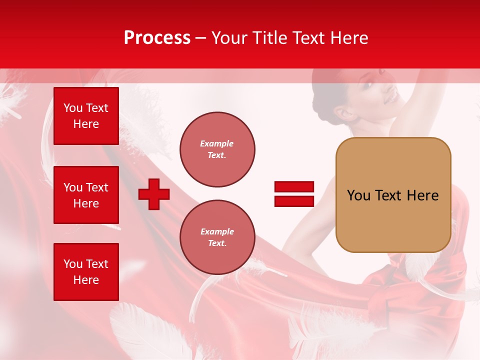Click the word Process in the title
[157, 38]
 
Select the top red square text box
[86, 116]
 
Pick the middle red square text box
[86, 195]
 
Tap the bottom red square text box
[86, 272]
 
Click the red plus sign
[154, 194]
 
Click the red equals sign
[294, 194]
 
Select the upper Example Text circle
[217, 149]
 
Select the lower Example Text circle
[217, 237]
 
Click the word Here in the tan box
[422, 195]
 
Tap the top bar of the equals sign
[294, 187]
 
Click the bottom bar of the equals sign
[294, 201]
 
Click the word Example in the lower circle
[217, 231]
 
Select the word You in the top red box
[72, 108]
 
